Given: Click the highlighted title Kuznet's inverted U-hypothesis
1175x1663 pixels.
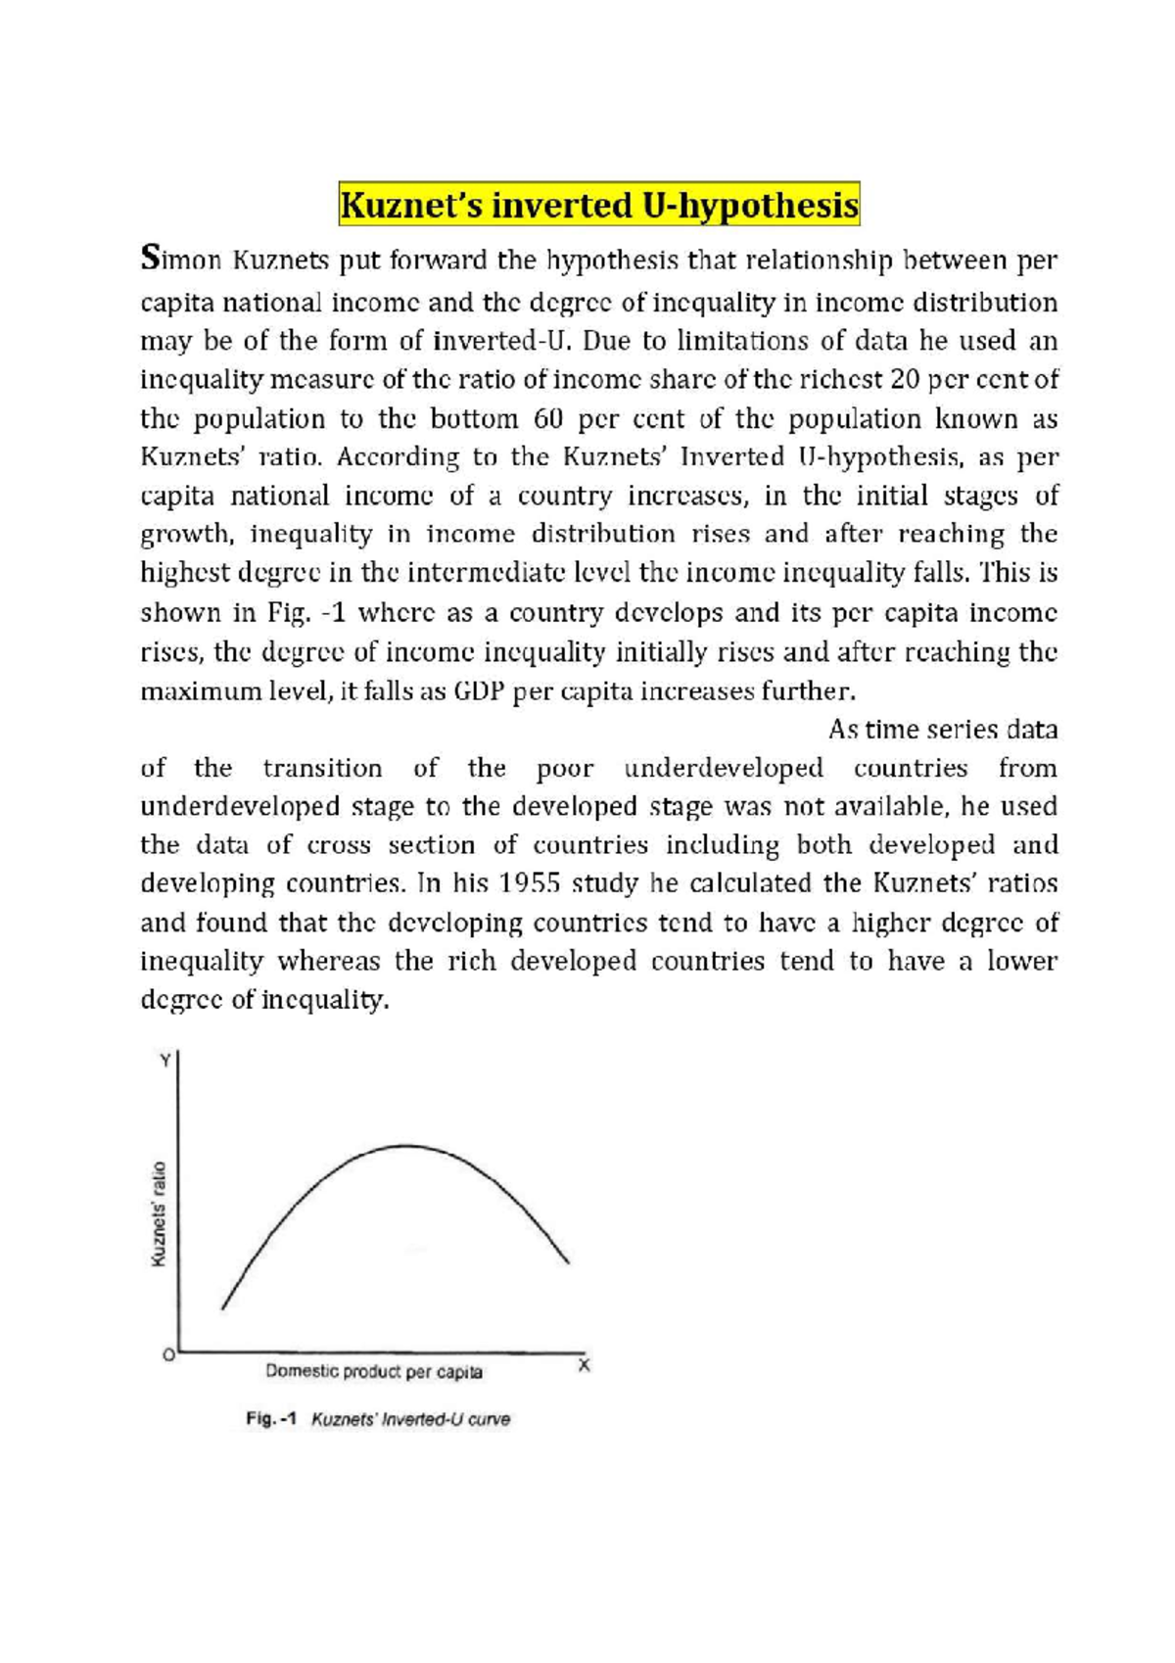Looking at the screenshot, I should point(598,206).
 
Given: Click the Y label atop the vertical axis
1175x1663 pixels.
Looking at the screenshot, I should point(165,1059).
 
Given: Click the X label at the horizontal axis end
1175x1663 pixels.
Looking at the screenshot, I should point(585,1364).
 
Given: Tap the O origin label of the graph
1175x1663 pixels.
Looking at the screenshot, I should point(168,1355).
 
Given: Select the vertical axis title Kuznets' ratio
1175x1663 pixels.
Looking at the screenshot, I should point(158,1213).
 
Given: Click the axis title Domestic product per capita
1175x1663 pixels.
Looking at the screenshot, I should point(374,1371).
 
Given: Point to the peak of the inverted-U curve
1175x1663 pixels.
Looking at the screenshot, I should point(407,1145).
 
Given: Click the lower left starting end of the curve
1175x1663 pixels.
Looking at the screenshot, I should point(223,1307).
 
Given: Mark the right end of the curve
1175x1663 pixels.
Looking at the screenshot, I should point(568,1261).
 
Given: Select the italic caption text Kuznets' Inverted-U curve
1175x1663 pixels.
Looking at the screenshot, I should point(410,1419).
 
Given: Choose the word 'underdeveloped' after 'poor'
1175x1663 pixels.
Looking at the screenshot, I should point(723,768).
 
